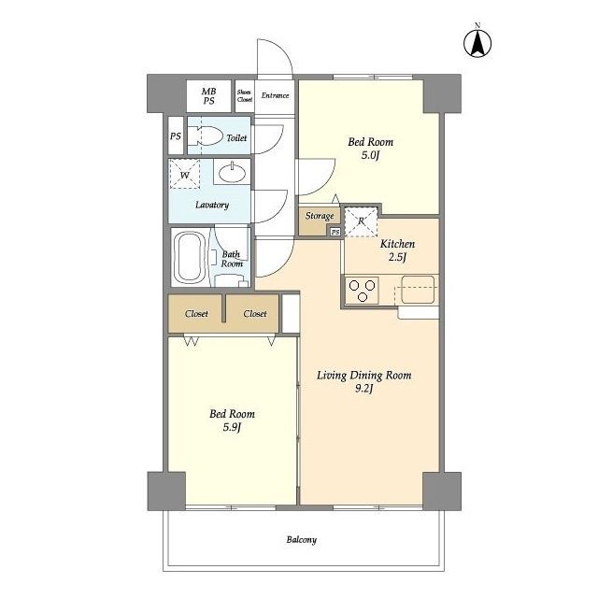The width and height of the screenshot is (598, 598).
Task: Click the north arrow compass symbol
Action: tap(477, 42)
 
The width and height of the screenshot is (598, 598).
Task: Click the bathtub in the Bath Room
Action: tap(189, 257)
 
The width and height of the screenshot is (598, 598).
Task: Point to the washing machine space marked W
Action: tap(185, 174)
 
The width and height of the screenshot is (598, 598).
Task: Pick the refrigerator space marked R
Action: tap(361, 221)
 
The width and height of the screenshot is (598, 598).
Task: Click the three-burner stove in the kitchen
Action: tap(362, 291)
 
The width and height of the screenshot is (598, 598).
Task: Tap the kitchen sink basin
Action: tap(418, 290)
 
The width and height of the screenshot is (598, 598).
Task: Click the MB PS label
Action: tap(208, 96)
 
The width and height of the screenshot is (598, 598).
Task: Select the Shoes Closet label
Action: tap(245, 95)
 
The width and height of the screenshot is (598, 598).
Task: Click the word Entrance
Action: tap(275, 95)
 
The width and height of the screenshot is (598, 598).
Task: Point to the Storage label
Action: tap(320, 216)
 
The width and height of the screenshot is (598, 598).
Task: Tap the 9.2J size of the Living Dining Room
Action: tap(363, 389)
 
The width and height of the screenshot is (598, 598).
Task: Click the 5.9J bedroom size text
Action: tap(232, 427)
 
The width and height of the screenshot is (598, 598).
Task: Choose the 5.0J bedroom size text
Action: tap(370, 155)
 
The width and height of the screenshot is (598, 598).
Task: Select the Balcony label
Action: tap(301, 540)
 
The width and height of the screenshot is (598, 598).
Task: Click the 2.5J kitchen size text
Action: tap(397, 257)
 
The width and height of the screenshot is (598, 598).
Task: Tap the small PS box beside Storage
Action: tap(335, 232)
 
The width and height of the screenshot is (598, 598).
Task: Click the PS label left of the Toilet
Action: tap(176, 135)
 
